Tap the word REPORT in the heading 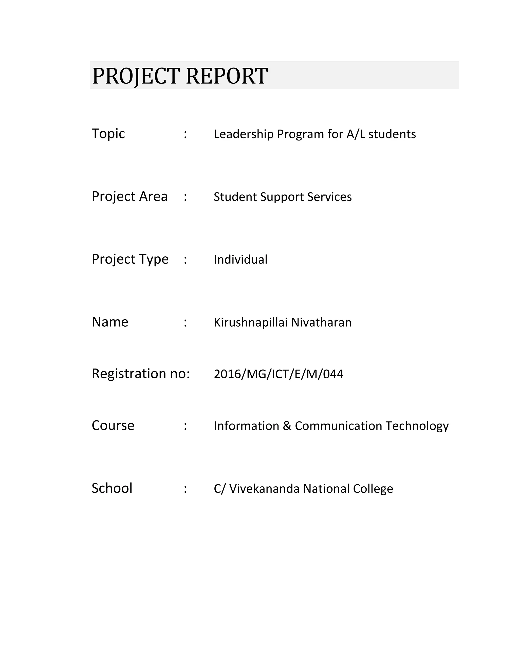tap(227, 76)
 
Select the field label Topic tap(108, 134)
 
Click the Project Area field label tap(129, 197)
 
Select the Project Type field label tap(130, 259)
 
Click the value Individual tap(240, 260)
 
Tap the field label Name tap(110, 322)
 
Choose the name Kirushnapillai tap(251, 323)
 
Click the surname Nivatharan tap(321, 323)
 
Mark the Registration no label tap(140, 374)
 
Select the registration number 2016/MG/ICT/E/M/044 tap(278, 374)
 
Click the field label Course tap(113, 426)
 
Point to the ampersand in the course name tap(287, 426)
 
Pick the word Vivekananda tap(264, 489)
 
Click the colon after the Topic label tap(186, 134)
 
